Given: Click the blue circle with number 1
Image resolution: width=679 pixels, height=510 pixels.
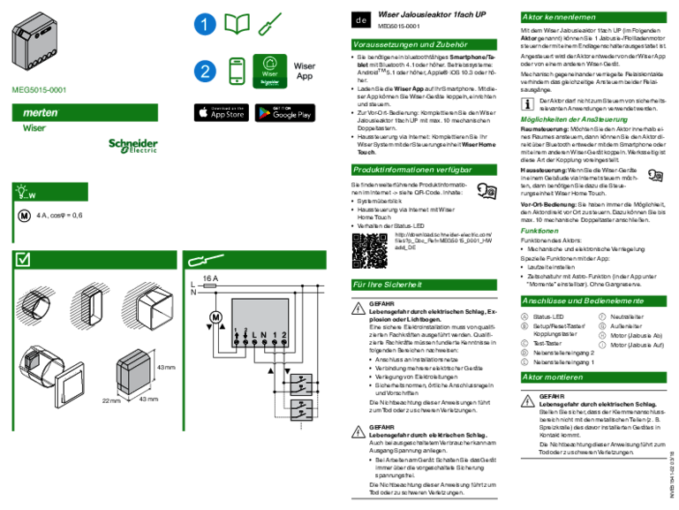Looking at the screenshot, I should [x=205, y=26].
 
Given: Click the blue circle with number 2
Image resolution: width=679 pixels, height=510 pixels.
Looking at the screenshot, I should [x=205, y=72].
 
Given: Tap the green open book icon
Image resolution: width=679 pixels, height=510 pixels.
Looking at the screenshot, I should [x=237, y=25].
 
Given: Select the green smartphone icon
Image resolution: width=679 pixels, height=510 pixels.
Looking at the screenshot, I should [x=237, y=72].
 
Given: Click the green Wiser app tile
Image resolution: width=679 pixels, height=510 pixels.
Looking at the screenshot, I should [x=270, y=71].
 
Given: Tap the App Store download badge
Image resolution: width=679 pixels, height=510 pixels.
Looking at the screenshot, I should [x=222, y=113].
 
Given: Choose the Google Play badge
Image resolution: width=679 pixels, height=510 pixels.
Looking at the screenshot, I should [x=284, y=113].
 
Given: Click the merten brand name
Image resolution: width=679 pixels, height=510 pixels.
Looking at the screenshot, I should [x=40, y=113].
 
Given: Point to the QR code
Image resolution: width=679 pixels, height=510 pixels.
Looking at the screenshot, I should [x=370, y=251].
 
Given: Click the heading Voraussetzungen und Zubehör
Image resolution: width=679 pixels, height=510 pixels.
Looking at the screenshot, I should [x=410, y=45].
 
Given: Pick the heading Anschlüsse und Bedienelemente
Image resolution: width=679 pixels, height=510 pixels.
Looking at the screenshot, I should [x=583, y=301].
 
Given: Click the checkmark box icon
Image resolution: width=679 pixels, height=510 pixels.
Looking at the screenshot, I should [x=24, y=260].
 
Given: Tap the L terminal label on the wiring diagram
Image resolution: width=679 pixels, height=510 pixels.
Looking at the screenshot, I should [x=253, y=333].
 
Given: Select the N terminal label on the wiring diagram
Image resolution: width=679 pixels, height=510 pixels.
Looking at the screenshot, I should [x=264, y=333].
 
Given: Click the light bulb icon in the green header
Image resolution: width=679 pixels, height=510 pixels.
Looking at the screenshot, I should [x=22, y=192].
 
